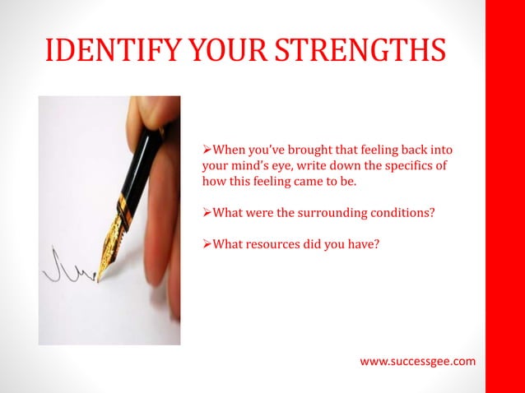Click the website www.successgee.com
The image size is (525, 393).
[x=418, y=361]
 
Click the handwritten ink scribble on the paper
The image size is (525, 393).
[x=67, y=267]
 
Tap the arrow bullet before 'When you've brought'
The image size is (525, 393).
[x=207, y=150]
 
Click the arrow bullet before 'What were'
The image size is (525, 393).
[x=207, y=212]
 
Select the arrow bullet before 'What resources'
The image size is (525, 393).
[x=207, y=243]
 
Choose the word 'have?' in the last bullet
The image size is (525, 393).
[x=361, y=243]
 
